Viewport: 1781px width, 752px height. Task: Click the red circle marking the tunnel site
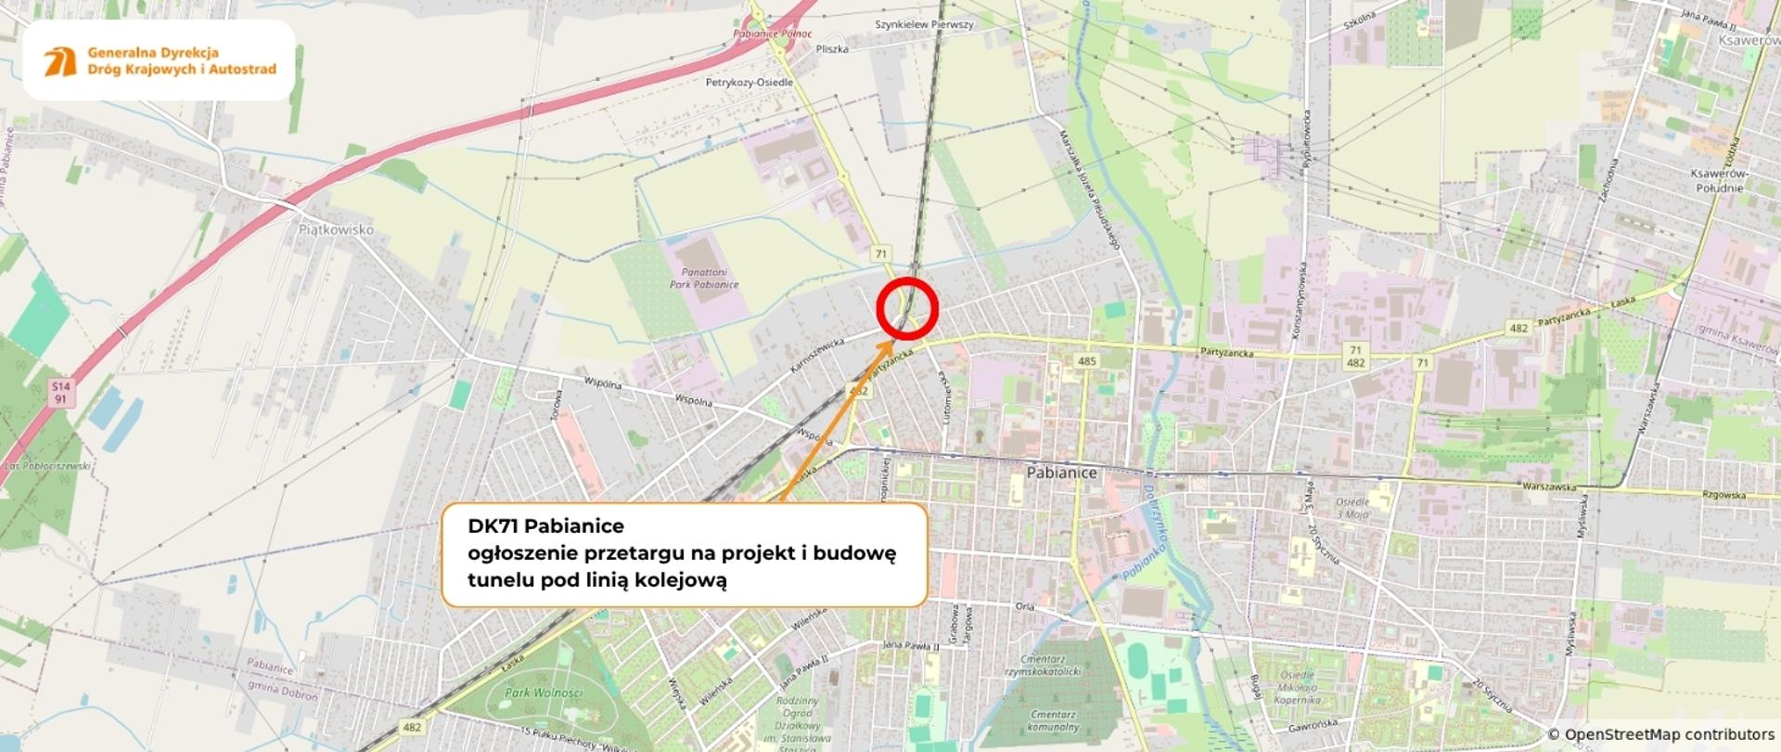[907, 307]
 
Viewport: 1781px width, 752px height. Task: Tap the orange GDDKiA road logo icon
[60, 61]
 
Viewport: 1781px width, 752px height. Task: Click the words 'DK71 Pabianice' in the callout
[545, 526]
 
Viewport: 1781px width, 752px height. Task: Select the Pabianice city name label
[1061, 473]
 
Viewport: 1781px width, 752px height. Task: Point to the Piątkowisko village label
[336, 229]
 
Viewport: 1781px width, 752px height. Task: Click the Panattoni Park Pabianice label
[704, 279]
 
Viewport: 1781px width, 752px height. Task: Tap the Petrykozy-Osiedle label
[750, 83]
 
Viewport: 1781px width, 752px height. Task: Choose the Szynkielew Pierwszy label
[924, 25]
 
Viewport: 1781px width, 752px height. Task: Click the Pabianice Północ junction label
[772, 34]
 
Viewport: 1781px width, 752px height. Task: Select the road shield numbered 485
[1086, 361]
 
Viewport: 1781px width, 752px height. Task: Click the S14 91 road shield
[60, 393]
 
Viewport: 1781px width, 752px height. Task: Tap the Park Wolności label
[544, 693]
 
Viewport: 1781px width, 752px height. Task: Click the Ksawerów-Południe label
[1718, 181]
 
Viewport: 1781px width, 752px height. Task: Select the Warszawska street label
[1549, 486]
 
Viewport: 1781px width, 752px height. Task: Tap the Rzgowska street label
[1723, 495]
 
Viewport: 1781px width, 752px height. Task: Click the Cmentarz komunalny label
[1053, 721]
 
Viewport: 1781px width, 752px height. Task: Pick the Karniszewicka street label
[816, 356]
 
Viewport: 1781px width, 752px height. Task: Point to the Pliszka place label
[832, 49]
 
